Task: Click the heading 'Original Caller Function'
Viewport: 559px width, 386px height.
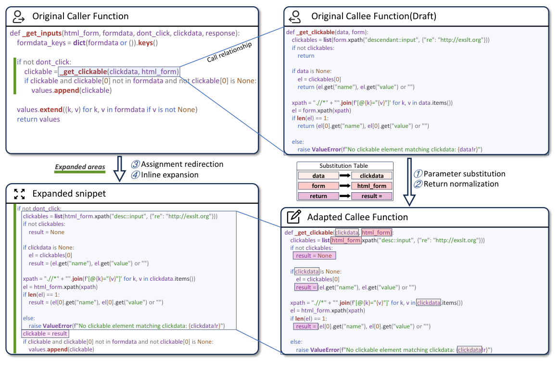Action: (80, 16)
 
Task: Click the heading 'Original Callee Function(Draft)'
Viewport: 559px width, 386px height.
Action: (374, 16)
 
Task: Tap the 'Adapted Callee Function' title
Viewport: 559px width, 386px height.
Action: (357, 217)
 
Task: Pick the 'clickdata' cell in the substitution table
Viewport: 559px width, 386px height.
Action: (372, 176)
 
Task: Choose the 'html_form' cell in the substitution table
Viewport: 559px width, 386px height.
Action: (372, 186)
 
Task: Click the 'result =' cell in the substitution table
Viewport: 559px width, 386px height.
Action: (372, 196)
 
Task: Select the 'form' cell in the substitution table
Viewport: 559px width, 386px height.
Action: (318, 186)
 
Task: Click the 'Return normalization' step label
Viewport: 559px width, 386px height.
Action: (460, 184)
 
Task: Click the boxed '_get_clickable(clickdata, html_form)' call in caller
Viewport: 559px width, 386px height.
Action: (119, 72)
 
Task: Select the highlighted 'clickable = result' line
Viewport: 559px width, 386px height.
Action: (45, 333)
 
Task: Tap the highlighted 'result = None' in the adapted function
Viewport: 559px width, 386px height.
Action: (314, 256)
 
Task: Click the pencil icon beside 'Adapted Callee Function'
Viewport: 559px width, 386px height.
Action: (293, 217)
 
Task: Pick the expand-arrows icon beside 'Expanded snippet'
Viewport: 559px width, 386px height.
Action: (19, 194)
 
